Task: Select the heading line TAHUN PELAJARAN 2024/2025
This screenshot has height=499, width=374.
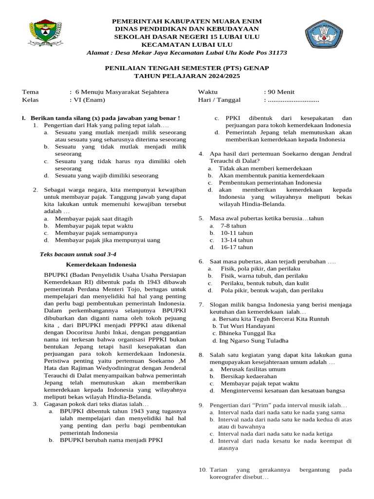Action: (x=187, y=77)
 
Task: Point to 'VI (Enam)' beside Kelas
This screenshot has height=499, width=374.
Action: (x=87, y=100)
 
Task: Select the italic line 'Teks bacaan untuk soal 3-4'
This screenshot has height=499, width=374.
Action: (x=77, y=254)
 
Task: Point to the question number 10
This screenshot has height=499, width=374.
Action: (x=203, y=470)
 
